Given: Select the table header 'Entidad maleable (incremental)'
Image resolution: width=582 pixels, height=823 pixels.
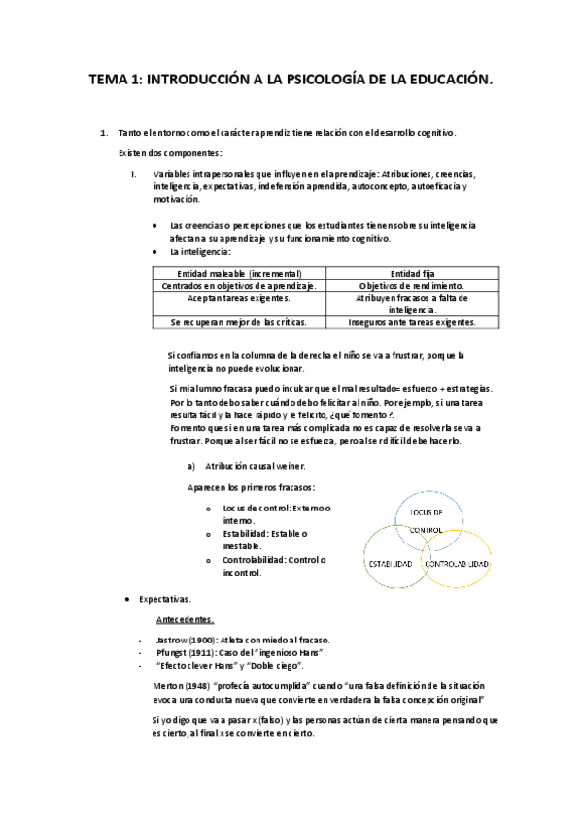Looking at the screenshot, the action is tap(238, 273).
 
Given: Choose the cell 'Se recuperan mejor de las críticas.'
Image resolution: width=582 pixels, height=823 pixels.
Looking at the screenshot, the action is tap(238, 321).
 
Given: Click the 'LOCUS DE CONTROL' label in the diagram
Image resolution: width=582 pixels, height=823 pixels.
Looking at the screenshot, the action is tap(427, 520).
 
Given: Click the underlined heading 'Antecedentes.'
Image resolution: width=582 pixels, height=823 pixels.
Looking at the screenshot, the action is tap(186, 619).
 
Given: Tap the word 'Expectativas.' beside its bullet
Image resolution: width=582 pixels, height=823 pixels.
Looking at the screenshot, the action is tap(165, 599).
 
